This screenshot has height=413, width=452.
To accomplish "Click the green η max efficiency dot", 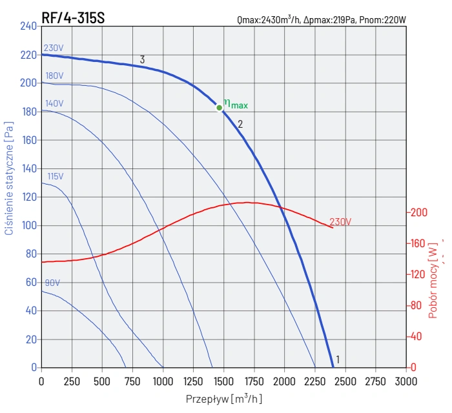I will tap(220, 108).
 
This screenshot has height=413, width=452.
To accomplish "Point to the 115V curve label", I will tap(56, 176).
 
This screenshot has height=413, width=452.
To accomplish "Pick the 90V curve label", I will tap(52, 283).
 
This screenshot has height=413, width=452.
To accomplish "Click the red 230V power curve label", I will tap(340, 221).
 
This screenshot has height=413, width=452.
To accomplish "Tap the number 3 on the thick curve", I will tap(142, 59).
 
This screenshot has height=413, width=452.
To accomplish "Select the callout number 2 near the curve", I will tap(240, 124).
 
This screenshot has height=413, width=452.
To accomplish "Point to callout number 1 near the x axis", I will tap(337, 359).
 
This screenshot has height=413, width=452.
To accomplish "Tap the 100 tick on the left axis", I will tap(29, 226).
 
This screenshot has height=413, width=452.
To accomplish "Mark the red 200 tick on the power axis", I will tap(418, 212).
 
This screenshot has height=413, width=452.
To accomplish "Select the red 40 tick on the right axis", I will tap(416, 336).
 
